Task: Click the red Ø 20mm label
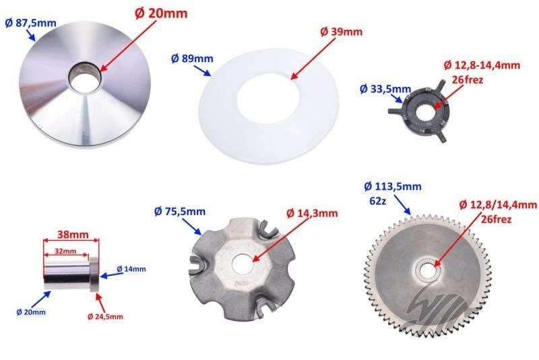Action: coord(161,13)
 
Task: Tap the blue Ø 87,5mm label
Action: coord(30,23)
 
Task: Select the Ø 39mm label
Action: coord(341,32)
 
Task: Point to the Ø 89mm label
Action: coord(192,59)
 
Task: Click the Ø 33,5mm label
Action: coord(385,89)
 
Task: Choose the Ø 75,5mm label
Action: coord(180,211)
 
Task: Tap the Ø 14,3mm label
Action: coord(312,213)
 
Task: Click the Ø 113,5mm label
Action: coord(393,186)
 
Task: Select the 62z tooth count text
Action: coord(378,201)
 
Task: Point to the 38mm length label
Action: coord(73,235)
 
